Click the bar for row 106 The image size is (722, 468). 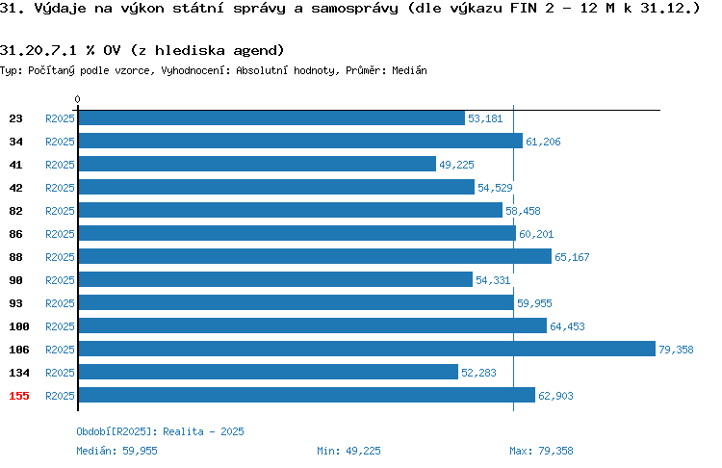[x=367, y=349]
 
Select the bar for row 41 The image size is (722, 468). [x=257, y=164]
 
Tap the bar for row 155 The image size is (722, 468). [x=307, y=395]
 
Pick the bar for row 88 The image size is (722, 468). [x=315, y=256]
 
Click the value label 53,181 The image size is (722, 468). [x=485, y=118]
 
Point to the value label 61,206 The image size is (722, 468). [x=543, y=142]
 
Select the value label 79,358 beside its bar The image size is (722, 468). [x=676, y=350]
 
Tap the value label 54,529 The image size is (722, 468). [x=495, y=188]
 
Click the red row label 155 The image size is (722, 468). [x=19, y=396]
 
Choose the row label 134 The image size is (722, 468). [x=19, y=373]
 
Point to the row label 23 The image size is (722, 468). [x=15, y=118]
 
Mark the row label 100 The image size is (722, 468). [x=19, y=326]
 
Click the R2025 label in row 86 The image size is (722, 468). [x=60, y=234]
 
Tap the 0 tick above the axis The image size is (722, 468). [x=77, y=99]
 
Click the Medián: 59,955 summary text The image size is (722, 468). [x=116, y=451]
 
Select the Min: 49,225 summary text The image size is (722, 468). [x=348, y=451]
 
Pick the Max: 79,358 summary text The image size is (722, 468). [x=541, y=451]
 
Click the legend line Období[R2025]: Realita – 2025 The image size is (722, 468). [x=160, y=431]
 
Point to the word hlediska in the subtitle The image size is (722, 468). [x=190, y=50]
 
